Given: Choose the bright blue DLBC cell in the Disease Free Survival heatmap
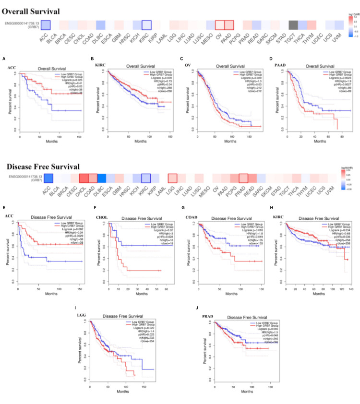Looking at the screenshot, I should (101, 179).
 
